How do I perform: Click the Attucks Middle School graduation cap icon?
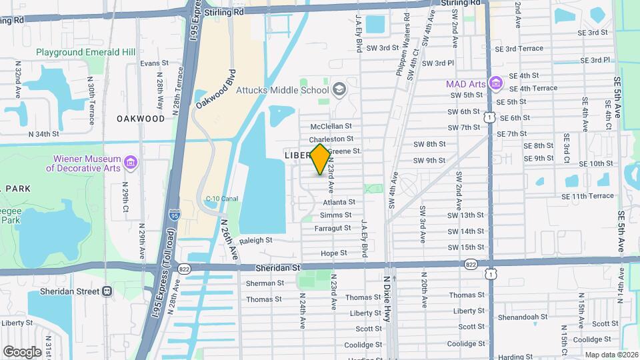[339, 89]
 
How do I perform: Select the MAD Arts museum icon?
[495, 83]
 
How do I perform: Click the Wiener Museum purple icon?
[130, 162]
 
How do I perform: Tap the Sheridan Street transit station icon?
[107, 291]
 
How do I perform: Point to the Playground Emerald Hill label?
[85, 52]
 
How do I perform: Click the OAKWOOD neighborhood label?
[140, 119]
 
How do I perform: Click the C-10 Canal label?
[222, 199]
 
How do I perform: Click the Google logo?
[23, 351]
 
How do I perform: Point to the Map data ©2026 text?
[611, 355]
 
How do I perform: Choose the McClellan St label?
[335, 126]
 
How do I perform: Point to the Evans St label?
[154, 63]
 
